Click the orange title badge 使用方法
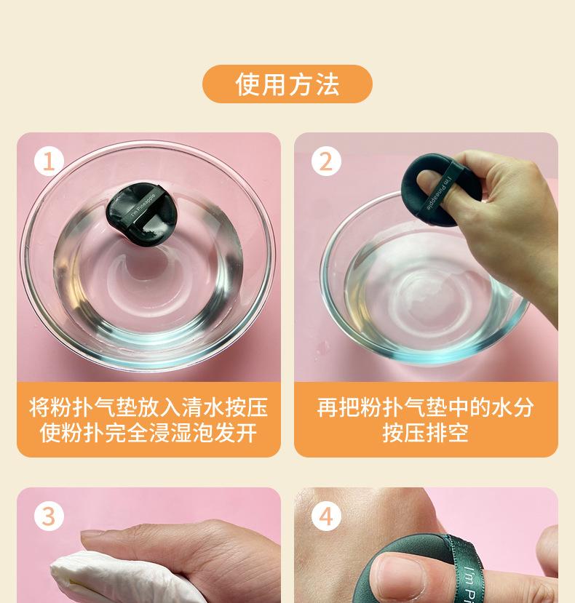287,84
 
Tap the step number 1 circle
49,161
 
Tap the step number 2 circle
326,161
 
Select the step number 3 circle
49,516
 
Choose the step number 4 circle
326,516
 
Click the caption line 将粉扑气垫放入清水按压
148,406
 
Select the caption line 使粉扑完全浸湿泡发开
148,434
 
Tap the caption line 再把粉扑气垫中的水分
426,406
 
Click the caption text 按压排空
426,434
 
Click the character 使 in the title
247,84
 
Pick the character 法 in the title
328,84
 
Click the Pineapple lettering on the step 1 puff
143,206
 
